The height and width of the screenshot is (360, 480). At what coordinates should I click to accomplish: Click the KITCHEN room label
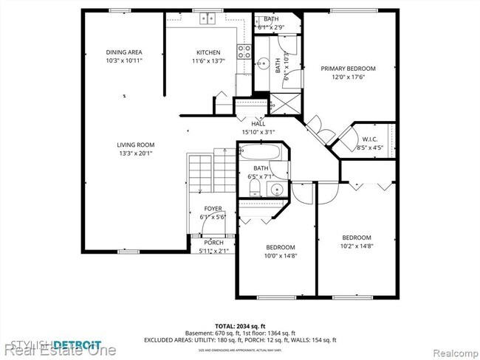coord(208,52)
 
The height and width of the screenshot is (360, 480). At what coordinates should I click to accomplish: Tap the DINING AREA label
coord(123,52)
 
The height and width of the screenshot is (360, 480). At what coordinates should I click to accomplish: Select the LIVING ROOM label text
coord(135,145)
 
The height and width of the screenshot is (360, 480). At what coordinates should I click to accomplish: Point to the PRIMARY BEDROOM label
coord(348,69)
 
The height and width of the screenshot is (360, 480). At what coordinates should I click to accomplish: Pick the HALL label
coord(258,125)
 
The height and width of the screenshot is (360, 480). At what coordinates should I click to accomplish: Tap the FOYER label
coord(212,208)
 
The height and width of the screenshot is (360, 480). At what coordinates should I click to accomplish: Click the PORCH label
coord(213,243)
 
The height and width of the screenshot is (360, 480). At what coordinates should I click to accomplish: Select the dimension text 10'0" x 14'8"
coord(281,255)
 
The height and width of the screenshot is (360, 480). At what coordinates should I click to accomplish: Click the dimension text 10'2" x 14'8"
coord(356,246)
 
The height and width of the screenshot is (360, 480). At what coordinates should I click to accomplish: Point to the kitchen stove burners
coord(243,52)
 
